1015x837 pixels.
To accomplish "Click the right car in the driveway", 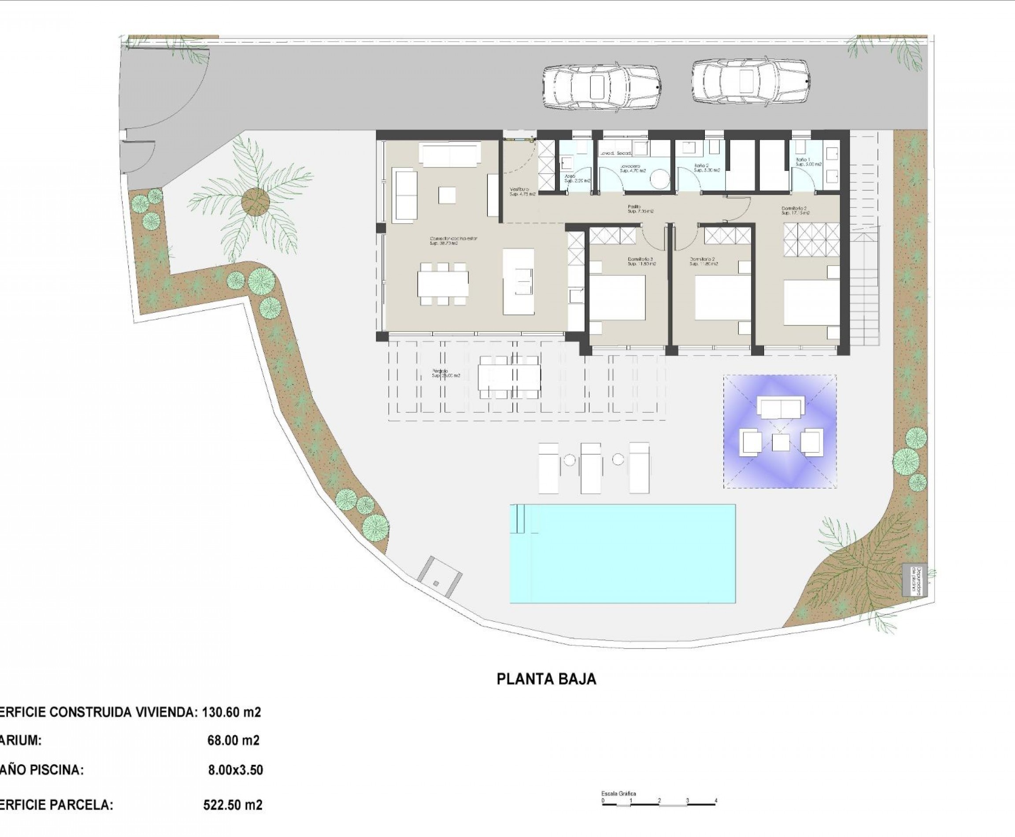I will [750, 81].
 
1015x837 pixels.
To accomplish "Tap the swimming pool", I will [622, 553].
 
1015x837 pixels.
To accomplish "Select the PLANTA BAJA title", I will [546, 679].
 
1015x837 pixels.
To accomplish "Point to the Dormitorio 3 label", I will [641, 262].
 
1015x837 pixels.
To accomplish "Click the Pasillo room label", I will [640, 209].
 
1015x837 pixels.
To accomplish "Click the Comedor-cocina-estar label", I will [453, 241].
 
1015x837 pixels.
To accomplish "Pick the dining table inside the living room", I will [443, 284].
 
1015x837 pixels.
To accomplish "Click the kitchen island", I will [519, 281].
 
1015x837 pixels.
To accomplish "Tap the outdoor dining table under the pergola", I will [509, 377].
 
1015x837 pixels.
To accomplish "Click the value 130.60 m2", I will [231, 711].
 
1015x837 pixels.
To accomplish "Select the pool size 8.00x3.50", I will [235, 770].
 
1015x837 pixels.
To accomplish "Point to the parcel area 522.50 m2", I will [233, 805].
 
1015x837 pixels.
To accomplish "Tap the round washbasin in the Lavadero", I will [659, 180].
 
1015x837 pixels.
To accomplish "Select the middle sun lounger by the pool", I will [591, 467].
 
